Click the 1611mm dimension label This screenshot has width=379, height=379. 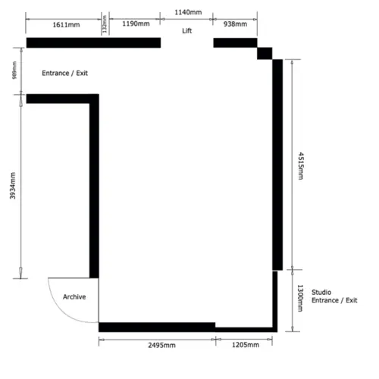[x=67, y=24]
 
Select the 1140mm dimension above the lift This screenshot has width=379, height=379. [x=187, y=13]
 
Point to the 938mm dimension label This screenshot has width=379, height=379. [x=235, y=24]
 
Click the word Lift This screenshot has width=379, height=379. [x=187, y=32]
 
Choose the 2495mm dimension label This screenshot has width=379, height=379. [x=158, y=346]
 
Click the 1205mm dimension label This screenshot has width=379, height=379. [x=244, y=346]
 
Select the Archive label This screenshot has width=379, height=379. [x=74, y=296]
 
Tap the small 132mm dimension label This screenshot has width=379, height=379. [x=105, y=24]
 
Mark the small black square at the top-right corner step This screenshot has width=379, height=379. [x=265, y=52]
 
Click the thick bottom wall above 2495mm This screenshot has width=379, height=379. [x=156, y=327]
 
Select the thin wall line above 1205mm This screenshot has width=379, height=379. [x=244, y=329]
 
